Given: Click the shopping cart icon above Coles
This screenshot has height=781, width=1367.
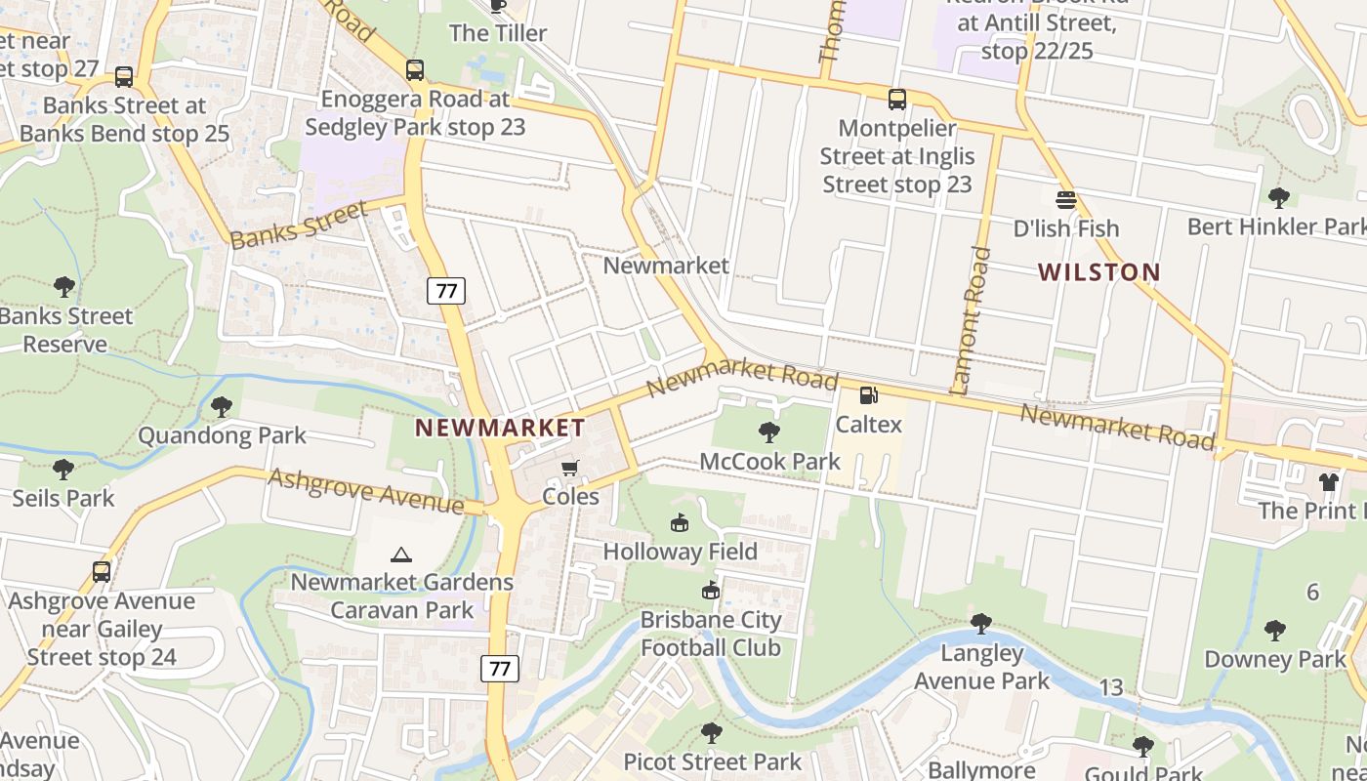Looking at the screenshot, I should (x=570, y=468).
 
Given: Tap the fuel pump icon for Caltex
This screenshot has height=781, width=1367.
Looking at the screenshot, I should (x=867, y=395).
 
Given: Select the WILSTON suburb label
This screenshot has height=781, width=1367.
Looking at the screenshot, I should (x=1098, y=271).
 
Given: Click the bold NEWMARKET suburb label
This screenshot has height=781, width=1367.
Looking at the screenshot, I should (x=500, y=428).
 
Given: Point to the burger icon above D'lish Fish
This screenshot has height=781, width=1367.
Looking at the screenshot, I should (x=1065, y=200).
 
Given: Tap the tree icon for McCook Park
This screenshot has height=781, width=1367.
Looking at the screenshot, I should (x=769, y=432).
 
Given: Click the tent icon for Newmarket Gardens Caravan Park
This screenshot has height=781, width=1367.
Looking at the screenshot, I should (x=400, y=555).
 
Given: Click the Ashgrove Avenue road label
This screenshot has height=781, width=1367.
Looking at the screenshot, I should (x=366, y=490).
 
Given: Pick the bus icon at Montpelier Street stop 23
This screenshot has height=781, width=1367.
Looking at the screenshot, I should (x=896, y=100).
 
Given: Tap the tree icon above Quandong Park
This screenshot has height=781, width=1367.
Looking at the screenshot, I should (x=222, y=406).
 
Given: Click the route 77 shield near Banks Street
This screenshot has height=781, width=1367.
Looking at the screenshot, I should (x=445, y=290).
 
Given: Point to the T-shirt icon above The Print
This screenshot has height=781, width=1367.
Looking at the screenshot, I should (x=1328, y=481).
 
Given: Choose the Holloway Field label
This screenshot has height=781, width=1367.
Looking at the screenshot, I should (x=680, y=552).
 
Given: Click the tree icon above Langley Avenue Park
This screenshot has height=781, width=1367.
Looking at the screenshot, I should (x=980, y=624).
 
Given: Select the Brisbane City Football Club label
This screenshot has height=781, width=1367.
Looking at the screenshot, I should (x=710, y=634).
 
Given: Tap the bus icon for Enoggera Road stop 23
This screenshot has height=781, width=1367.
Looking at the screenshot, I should (x=415, y=70).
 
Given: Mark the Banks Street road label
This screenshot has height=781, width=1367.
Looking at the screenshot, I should (x=300, y=225).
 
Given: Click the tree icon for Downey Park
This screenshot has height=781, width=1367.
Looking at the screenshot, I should (x=1274, y=630).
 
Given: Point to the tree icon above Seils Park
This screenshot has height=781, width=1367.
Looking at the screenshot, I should (x=63, y=470).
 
